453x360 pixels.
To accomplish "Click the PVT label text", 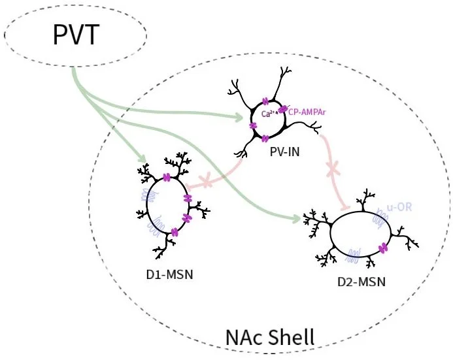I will [x=76, y=34].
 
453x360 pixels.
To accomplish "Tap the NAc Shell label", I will [x=270, y=337].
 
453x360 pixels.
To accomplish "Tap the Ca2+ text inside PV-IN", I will [x=267, y=114].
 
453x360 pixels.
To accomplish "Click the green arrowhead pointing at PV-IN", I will [x=241, y=118].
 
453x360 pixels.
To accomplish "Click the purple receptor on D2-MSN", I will [x=382, y=247].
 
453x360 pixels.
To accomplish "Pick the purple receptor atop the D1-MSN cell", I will [x=166, y=178].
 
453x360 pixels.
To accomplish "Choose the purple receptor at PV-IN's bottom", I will [x=265, y=139].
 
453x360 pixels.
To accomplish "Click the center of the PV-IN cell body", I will [x=270, y=119].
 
